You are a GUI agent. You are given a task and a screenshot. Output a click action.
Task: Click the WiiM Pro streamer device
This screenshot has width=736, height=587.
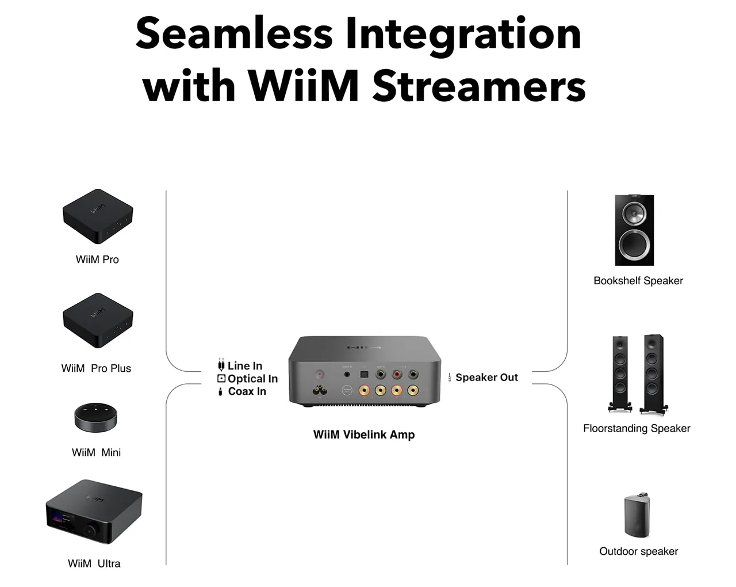pyautogui.click(x=97, y=216)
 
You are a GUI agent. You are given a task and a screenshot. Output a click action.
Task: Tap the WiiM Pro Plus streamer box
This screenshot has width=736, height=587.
pyautogui.click(x=97, y=320)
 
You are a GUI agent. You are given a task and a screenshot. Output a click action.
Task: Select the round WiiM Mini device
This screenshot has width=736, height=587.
pyautogui.click(x=95, y=417)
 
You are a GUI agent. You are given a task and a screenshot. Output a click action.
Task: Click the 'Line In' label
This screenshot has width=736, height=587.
pyautogui.click(x=244, y=365)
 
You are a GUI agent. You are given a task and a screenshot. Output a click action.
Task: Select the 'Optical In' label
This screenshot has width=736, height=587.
pyautogui.click(x=252, y=379)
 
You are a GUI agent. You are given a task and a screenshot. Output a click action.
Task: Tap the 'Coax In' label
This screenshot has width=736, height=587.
pyautogui.click(x=247, y=391)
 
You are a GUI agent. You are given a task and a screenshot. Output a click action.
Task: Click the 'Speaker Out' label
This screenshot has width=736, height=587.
pyautogui.click(x=486, y=378)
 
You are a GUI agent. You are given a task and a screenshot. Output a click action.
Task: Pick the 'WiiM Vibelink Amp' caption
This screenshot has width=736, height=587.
pyautogui.click(x=364, y=434)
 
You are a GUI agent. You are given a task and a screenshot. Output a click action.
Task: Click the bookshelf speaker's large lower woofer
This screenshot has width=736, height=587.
pyautogui.click(x=634, y=246)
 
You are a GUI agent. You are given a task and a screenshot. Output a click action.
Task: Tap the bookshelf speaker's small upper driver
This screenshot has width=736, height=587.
pyautogui.click(x=634, y=214)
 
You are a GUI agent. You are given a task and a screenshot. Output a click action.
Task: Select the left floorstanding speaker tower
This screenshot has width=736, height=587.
pyautogui.click(x=620, y=373)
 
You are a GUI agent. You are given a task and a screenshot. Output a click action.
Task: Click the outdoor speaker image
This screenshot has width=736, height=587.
pyautogui.click(x=638, y=514)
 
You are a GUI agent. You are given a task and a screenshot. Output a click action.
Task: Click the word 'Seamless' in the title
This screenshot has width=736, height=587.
pyautogui.click(x=233, y=33)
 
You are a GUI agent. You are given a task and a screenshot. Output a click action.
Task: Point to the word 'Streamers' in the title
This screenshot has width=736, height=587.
pyautogui.click(x=479, y=86)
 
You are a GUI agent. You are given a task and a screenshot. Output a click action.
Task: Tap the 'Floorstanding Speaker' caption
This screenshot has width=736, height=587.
pyautogui.click(x=637, y=428)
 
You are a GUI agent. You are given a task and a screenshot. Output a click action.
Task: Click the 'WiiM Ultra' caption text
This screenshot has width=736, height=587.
pyautogui.click(x=94, y=563)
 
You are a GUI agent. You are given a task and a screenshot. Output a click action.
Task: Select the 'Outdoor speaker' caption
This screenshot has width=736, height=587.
pyautogui.click(x=638, y=551)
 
